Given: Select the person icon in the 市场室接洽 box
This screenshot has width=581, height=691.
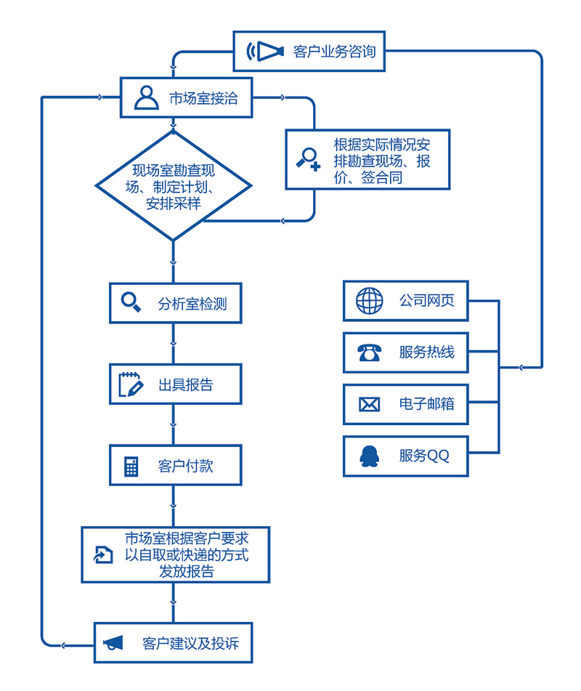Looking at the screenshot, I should pyautogui.click(x=147, y=98).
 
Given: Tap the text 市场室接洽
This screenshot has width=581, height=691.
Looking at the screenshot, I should pyautogui.click(x=203, y=98).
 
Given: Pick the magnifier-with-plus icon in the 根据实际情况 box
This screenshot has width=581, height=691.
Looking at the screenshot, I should pyautogui.click(x=309, y=158).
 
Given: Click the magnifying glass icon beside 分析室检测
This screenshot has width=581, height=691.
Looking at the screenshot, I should pyautogui.click(x=131, y=302).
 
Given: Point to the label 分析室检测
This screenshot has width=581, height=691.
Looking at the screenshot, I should pyautogui.click(x=192, y=304).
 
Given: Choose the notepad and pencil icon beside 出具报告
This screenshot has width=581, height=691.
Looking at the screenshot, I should pyautogui.click(x=131, y=384).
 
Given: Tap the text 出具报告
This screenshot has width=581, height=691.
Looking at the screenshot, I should pyautogui.click(x=186, y=385).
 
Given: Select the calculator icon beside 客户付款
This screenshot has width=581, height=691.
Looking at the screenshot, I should pyautogui.click(x=131, y=466).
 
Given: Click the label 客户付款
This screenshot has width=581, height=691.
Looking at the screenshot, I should pyautogui.click(x=186, y=466).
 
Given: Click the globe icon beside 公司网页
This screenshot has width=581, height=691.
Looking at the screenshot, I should pyautogui.click(x=369, y=301).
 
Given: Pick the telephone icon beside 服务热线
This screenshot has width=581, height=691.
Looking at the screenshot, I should pyautogui.click(x=369, y=352).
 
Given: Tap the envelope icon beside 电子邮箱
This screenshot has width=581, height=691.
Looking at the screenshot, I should pyautogui.click(x=369, y=404).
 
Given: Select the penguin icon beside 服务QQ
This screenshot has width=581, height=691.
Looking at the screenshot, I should pyautogui.click(x=369, y=456).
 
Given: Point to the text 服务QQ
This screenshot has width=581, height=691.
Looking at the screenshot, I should pyautogui.click(x=424, y=456).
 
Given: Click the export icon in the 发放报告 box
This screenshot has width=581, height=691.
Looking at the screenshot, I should pyautogui.click(x=103, y=555).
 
